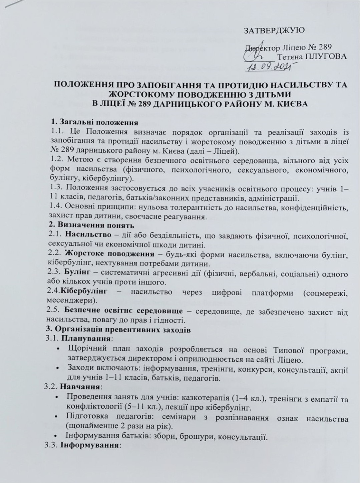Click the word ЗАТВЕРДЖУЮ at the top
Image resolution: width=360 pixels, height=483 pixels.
(275, 31)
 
